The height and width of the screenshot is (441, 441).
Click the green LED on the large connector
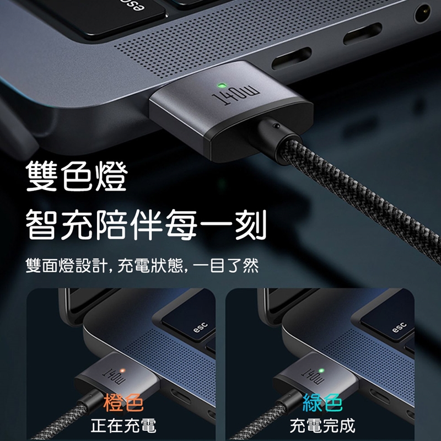(x=222, y=85)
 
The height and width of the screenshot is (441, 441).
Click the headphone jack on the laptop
(x=422, y=13)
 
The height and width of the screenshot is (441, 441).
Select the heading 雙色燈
(x=77, y=176)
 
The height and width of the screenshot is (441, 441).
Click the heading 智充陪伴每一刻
(x=146, y=225)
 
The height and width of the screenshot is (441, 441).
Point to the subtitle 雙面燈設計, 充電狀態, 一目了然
(x=142, y=265)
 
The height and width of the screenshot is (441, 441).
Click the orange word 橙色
(x=123, y=403)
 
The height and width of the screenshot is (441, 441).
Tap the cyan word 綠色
(x=322, y=403)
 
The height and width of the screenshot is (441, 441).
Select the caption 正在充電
(x=123, y=426)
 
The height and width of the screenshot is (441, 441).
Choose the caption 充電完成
(x=322, y=426)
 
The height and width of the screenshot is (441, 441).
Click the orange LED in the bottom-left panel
(x=122, y=370)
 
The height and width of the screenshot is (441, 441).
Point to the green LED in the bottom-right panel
(x=321, y=370)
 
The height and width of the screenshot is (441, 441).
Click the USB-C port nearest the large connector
(x=292, y=58)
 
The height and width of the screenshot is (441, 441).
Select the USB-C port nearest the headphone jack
(x=363, y=34)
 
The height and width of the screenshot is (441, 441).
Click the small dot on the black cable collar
(x=277, y=126)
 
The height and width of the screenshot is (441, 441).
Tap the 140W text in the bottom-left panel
(x=114, y=377)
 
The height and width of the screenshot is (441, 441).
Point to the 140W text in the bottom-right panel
(x=313, y=377)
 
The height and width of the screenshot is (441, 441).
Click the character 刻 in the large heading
(x=251, y=225)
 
